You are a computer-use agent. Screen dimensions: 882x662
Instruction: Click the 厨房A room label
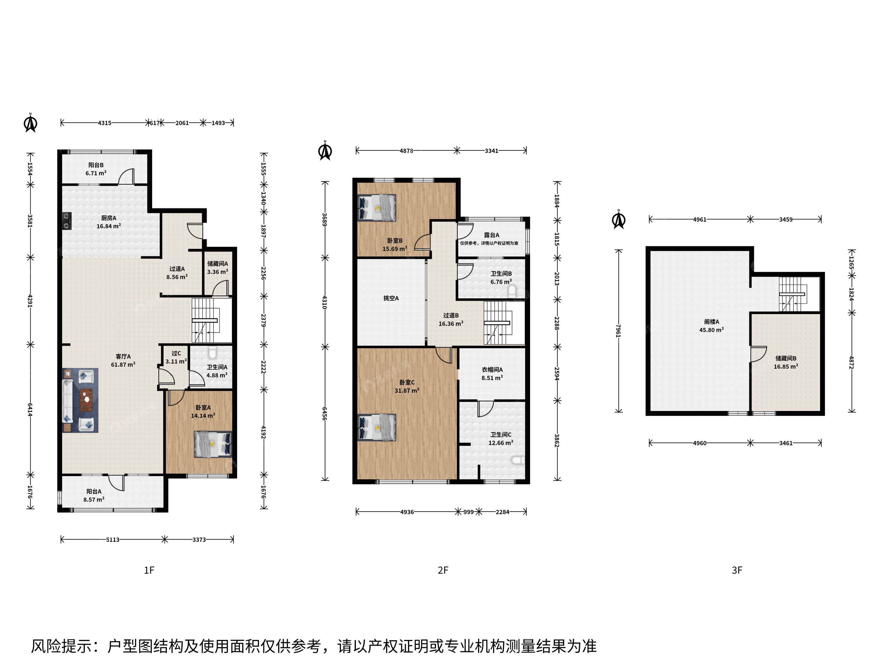coord(108,218)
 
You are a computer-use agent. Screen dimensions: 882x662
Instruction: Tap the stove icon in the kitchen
coord(66,221)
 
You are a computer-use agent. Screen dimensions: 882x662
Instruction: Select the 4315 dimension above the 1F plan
coord(104,123)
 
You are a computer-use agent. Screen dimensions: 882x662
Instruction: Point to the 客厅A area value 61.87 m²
coord(123,365)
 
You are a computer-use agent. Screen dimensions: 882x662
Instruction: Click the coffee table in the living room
coord(86,400)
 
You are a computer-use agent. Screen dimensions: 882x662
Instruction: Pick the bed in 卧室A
coord(213,444)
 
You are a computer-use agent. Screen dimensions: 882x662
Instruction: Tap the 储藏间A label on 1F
coord(218,264)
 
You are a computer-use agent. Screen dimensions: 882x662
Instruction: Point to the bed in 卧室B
coord(377,207)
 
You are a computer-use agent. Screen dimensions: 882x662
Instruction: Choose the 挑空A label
coord(391,299)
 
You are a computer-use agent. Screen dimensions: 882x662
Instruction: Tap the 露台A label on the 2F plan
coord(492,235)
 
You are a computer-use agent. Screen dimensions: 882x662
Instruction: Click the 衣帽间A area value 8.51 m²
coord(492,378)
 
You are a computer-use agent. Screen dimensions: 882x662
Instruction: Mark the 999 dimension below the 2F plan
coord(469,512)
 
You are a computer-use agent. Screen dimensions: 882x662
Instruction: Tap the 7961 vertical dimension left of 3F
coord(618,331)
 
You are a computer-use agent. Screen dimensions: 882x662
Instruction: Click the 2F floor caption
coord(443,571)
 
